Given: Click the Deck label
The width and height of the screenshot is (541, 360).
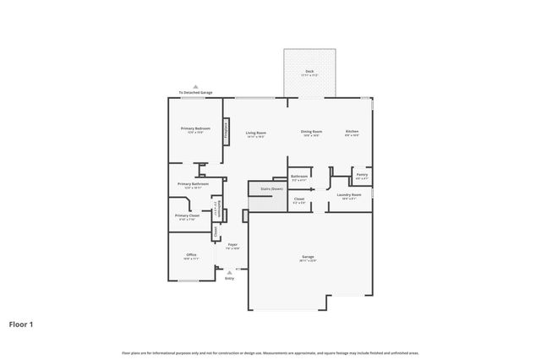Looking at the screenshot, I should [309, 71].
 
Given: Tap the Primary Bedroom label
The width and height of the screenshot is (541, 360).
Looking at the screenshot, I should [195, 128].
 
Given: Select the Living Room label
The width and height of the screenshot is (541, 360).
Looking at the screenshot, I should [256, 132].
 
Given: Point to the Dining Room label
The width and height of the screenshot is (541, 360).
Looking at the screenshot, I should [311, 132].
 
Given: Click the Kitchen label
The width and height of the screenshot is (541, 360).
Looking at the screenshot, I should [352, 132].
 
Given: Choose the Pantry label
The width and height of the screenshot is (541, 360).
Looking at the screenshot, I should [361, 176].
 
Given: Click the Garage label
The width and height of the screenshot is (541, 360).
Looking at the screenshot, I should [307, 258].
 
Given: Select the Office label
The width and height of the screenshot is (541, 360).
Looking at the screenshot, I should [191, 254].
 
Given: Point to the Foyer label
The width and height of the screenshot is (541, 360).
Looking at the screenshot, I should [232, 245].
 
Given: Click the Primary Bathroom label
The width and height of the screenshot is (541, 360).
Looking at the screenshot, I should [193, 183].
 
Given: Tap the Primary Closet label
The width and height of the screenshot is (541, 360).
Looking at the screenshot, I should [187, 215].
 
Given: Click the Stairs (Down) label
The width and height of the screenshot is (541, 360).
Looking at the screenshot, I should [271, 188].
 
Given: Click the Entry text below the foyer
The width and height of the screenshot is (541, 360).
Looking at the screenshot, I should [229, 278].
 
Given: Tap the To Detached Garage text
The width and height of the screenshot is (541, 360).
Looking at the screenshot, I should [195, 92].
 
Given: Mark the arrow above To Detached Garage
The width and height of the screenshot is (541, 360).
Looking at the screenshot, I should [195, 86].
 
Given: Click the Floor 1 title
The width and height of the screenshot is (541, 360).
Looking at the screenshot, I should [22, 323].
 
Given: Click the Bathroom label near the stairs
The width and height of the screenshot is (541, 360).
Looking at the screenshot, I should [299, 177].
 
